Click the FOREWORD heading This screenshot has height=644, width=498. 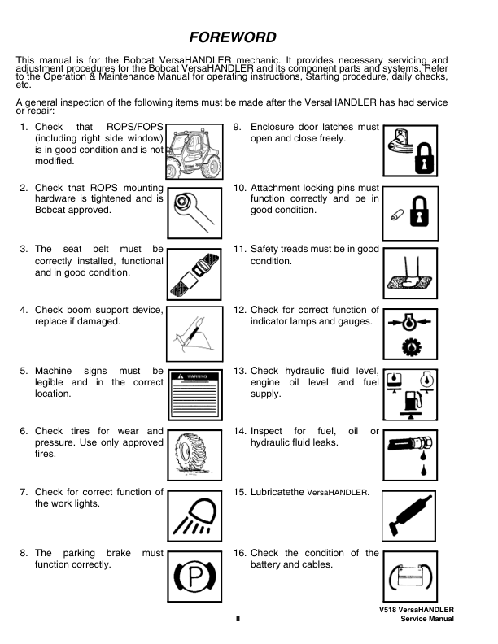coord(233,37)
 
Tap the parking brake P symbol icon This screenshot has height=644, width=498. coord(194,577)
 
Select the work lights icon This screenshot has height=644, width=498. coord(194,516)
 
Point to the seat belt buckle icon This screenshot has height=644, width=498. coord(194,274)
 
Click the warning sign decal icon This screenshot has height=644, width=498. coord(195,394)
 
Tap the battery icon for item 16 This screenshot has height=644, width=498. coord(410,577)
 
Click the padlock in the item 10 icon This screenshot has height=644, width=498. coord(419,212)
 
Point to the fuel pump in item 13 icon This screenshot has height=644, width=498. coord(412,400)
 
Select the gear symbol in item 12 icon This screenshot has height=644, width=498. coord(411,347)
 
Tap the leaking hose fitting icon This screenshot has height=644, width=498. coord(410,455)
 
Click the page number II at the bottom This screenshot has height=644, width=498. coord(238,619)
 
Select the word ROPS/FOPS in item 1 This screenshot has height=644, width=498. coord(135,127)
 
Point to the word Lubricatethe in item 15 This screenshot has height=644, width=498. coord(277,492)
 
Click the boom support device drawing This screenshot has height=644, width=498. coord(194,334)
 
